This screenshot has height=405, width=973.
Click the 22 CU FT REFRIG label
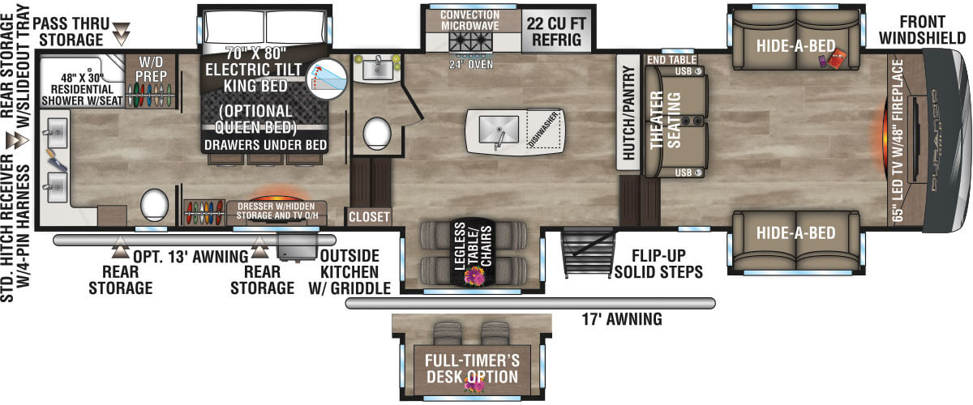[x=555, y=31]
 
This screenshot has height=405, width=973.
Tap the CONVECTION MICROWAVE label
[x=469, y=21]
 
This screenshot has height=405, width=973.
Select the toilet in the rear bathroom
[x=153, y=205]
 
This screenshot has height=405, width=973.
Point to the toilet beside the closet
[x=376, y=134]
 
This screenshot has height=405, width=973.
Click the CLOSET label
[x=369, y=217]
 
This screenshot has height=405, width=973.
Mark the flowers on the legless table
[x=472, y=277]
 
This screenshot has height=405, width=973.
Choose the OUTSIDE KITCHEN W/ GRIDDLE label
[x=351, y=271]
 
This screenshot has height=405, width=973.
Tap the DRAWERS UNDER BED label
[x=267, y=145]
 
